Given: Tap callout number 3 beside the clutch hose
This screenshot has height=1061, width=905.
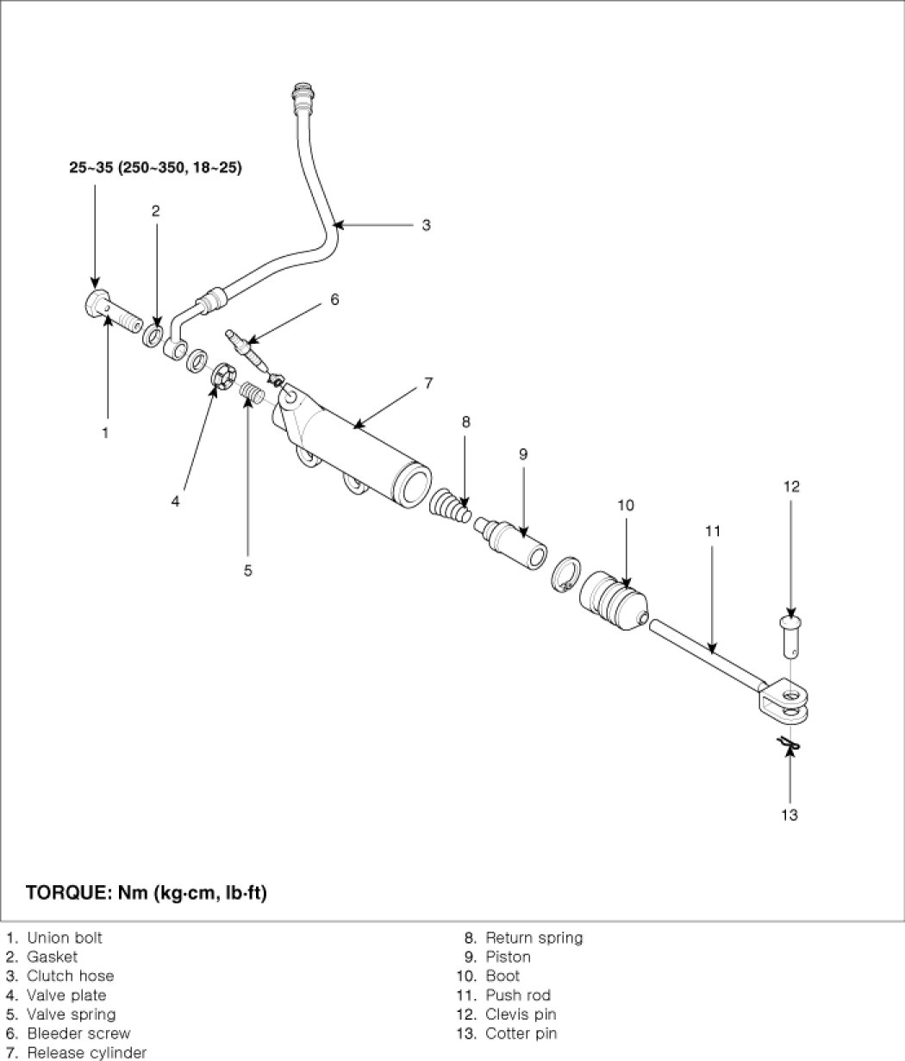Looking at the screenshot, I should coord(426,225).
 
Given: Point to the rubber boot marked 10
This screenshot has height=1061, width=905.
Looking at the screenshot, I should coord(610,599).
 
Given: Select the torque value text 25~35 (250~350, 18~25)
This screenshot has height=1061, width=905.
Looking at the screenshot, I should coord(155,168).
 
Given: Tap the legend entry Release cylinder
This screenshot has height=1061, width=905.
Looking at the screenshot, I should coord(86,1052).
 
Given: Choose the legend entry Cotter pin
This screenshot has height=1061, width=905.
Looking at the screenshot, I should coord(521,1033).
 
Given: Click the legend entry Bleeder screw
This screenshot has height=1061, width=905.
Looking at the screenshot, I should coord(78,1033).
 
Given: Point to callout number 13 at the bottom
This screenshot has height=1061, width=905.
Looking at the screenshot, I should coord(790,814).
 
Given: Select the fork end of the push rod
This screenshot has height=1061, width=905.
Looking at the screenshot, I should coord(786,696).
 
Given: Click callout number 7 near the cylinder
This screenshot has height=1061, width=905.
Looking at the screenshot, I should coord(428,383).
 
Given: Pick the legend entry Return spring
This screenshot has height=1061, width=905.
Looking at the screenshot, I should coord(534,938).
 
